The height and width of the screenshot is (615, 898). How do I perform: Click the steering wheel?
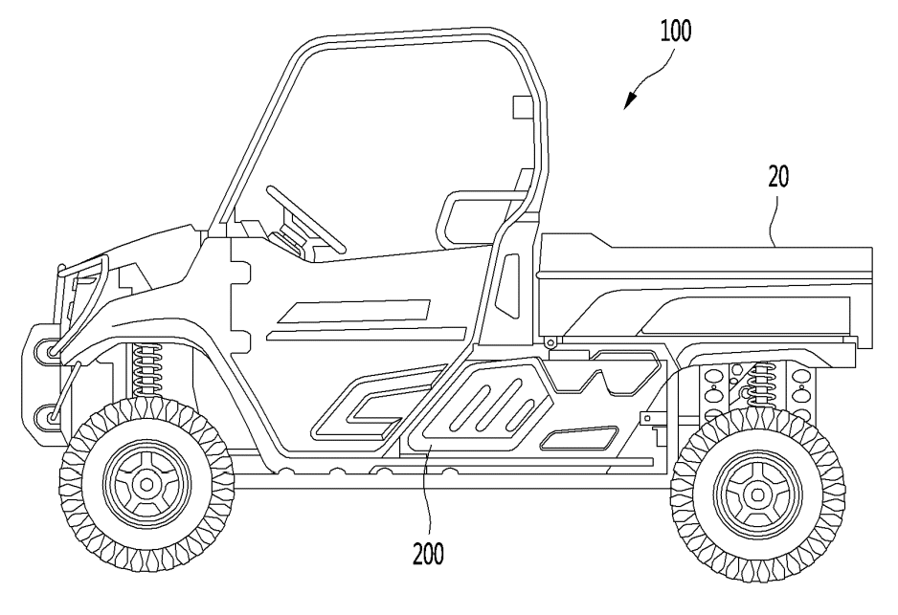point(306,217)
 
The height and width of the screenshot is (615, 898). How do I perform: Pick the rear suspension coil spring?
point(762,391)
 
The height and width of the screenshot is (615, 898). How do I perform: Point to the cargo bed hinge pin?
point(550,341)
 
